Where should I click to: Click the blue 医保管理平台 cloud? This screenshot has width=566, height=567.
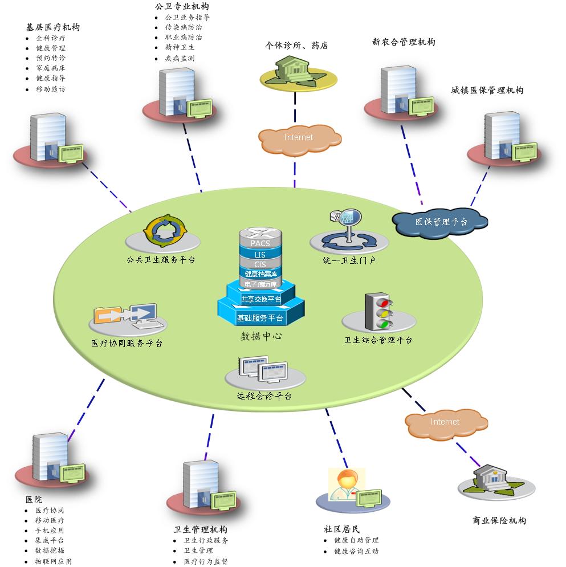pos(441,221)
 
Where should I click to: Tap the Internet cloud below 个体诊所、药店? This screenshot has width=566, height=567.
pos(299,138)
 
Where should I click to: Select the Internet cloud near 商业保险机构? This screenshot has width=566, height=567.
pos(445,422)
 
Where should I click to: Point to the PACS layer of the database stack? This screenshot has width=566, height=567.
pos(260,243)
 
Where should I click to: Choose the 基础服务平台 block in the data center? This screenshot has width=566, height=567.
pos(260,318)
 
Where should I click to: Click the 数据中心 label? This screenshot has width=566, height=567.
pos(261,336)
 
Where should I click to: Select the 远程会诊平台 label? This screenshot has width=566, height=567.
pos(264,396)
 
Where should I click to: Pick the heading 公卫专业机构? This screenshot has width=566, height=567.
pos(181,7)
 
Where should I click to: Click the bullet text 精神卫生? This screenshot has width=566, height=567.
pos(180,48)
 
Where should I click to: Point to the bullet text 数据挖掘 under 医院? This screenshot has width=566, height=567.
pos(50,551)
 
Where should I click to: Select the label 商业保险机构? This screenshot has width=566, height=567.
pos(499,521)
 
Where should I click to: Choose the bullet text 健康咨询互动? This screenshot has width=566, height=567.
pos(356,551)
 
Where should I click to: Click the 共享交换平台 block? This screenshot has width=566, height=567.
pos(260,299)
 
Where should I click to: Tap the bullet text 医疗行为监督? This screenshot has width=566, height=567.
pos(206,561)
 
